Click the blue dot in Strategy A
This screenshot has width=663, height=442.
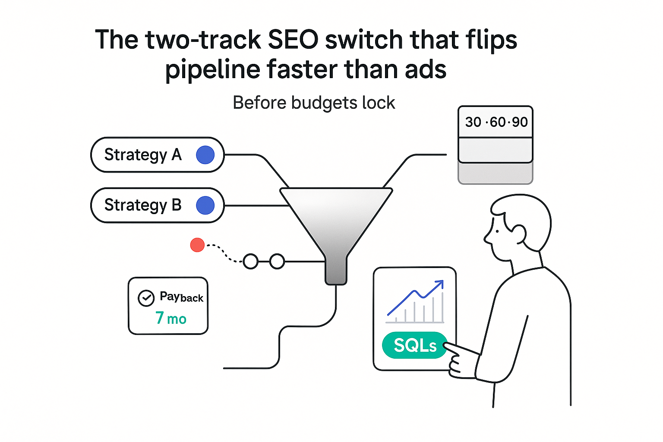tap(205, 155)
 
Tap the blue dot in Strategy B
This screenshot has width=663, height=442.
tap(205, 205)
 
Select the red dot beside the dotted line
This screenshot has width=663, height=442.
tap(197, 245)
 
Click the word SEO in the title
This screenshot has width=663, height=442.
tap(293, 40)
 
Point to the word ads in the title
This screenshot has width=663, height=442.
tap(426, 69)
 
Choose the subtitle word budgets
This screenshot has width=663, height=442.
tap(325, 103)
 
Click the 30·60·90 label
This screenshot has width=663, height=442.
tap(496, 122)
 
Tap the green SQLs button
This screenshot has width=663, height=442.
tap(415, 345)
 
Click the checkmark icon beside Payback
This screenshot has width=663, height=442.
tap(146, 298)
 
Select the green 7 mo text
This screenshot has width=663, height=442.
tap(171, 319)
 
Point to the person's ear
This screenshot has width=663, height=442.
tap(518, 234)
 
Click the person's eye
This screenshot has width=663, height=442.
tap(497, 231)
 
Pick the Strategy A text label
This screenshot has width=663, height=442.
tap(143, 155)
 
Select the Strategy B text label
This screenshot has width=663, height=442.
tap(143, 205)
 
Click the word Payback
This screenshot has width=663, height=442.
tap(181, 297)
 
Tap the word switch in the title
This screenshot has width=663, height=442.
tap(364, 40)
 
